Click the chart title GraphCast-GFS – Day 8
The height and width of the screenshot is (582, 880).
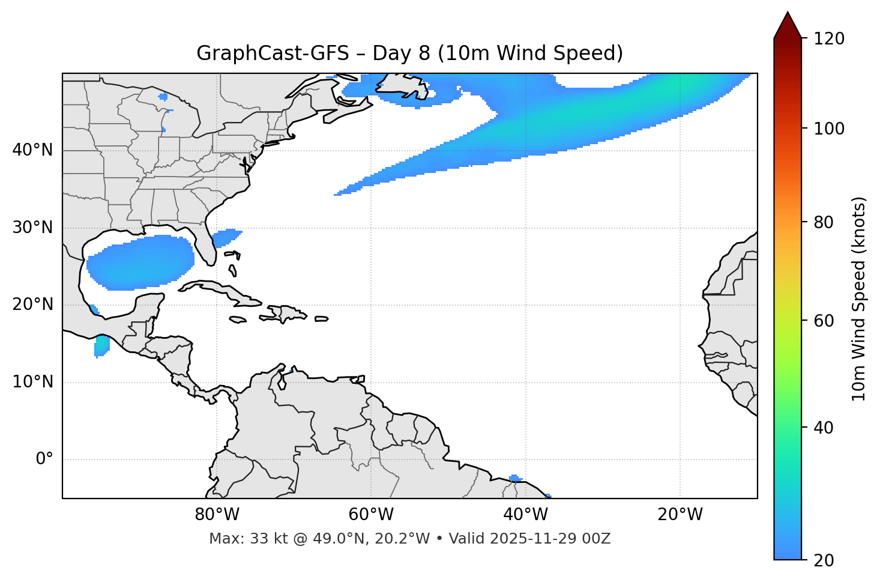409,53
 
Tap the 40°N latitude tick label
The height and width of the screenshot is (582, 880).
32,150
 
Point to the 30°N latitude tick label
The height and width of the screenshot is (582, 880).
32,228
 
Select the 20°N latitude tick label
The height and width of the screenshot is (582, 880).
32,305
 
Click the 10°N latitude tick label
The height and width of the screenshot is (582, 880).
32,382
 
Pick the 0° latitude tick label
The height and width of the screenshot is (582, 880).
44,459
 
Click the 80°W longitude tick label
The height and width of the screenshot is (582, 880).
217,515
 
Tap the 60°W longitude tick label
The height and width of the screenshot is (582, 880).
371,515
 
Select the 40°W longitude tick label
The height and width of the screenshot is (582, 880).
525,515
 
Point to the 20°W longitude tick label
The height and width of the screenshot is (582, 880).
680,515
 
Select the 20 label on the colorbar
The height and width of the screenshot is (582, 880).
824,560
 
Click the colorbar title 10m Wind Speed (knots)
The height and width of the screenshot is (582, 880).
859,299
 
